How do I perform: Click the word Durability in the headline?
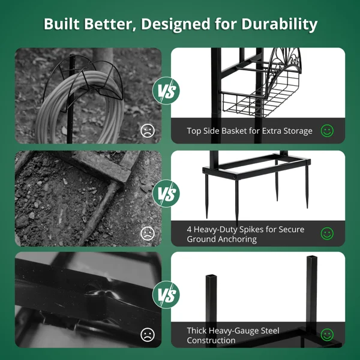pos(279,25)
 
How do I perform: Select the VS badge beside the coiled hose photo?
pos(166,91)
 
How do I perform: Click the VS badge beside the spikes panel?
pos(166,194)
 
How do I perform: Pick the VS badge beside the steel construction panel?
pos(166,295)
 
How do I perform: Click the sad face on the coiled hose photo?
pos(148,131)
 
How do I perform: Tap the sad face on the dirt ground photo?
pos(148,234)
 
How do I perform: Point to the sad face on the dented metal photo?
pos(148,335)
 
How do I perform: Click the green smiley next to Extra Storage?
pos(327,131)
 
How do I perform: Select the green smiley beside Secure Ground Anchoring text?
pos(327,234)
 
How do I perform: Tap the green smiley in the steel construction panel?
pos(327,335)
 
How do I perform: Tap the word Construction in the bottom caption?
pos(211,340)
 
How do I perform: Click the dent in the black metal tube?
pos(101,293)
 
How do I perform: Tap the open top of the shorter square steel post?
pos(211,276)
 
